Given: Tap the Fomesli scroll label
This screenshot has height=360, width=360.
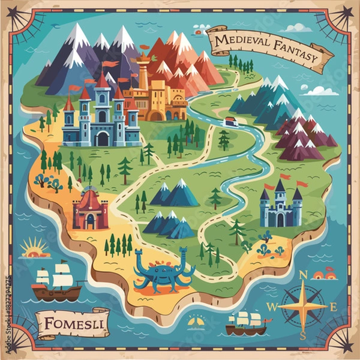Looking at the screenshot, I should coord(71,325).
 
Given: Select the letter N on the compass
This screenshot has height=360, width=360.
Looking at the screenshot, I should coord(303,275).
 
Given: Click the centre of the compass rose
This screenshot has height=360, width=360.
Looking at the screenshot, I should coord(303,306).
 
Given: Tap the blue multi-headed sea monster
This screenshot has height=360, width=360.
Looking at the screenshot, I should coord(164,272).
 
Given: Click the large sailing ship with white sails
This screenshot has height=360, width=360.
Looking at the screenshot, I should coord(56,282).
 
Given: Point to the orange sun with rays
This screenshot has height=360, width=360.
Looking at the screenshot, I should coord(34,247).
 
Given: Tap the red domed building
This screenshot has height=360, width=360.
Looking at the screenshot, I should coord(90,208).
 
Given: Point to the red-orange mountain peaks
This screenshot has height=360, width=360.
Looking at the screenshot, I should coord(180,60).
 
